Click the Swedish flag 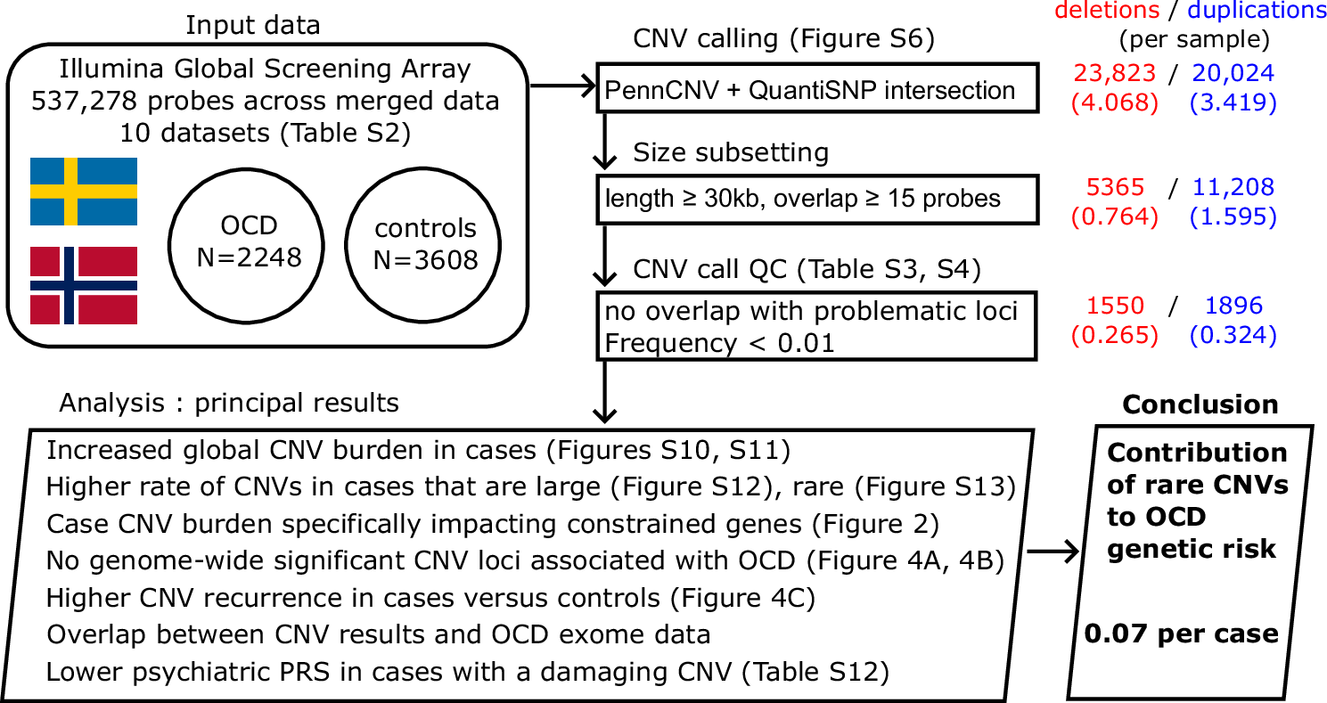(83, 192)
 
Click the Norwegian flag (83, 285)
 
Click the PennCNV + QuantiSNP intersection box (817, 88)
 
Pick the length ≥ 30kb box (817, 199)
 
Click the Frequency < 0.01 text (720, 343)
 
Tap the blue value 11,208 (1233, 186)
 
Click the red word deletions (1106, 10)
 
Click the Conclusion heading (1200, 405)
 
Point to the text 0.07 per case (1181, 634)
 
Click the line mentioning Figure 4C (430, 596)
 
